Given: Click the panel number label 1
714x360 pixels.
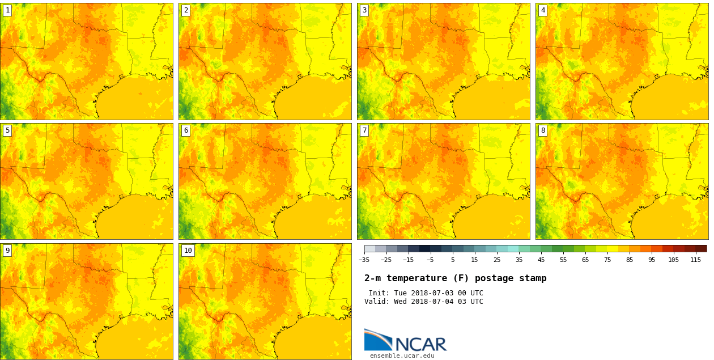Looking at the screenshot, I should coord(7,10).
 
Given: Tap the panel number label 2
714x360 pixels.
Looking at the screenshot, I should coord(186,10).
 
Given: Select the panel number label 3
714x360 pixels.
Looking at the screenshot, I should coord(364,10).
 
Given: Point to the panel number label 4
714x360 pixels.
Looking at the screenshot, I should coord(543,10).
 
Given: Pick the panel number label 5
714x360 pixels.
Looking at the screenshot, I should coord(7,130).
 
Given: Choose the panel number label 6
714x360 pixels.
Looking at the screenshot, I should coord(186,130).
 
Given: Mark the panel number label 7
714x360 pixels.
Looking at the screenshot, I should coord(364,130).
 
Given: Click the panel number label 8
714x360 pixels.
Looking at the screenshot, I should coord(543,130).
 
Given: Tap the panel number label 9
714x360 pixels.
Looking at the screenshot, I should coord(7,251).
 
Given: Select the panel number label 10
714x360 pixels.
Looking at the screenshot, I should coord(188,251).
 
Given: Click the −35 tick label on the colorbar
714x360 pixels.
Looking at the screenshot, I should coord(364,260).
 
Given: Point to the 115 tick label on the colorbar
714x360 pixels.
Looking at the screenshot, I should coord(695,260).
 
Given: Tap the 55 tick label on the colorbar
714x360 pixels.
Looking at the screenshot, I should coord(563,260).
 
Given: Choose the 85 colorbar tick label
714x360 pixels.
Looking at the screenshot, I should coord(629,260).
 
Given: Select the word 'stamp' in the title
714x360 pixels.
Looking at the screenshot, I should coord(533,278).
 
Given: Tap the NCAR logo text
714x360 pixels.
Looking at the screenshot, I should coord(420,344).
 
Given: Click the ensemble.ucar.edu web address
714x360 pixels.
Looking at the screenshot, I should coord(402,356).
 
